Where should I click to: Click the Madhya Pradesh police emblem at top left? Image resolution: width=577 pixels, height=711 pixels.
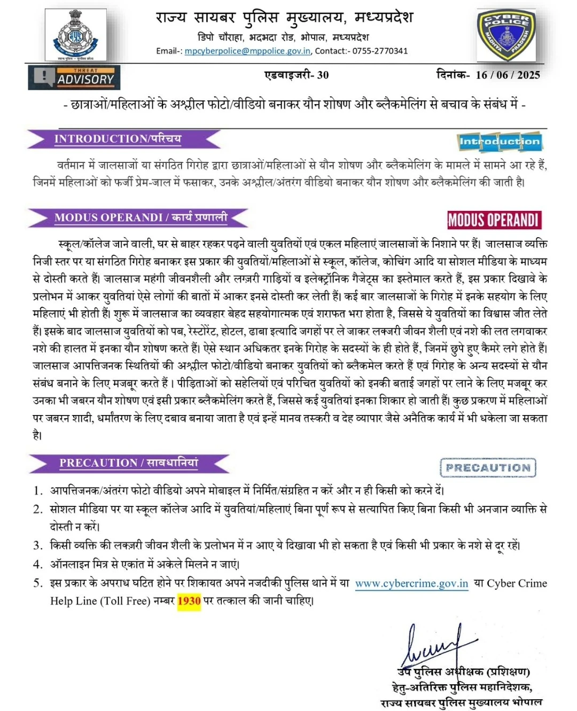[x=75, y=35]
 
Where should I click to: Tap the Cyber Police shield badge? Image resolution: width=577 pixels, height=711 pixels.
[x=506, y=35]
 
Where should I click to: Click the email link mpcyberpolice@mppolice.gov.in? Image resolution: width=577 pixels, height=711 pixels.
[x=247, y=51]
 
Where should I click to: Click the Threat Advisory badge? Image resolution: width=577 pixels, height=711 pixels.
[x=74, y=77]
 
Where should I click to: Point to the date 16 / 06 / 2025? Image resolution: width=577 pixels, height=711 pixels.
[x=508, y=75]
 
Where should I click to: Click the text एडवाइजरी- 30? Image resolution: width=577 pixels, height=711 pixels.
[x=297, y=75]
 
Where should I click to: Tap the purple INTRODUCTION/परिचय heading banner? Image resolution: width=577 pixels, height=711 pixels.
[x=123, y=139]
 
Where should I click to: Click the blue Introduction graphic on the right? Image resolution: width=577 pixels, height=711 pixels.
[x=500, y=142]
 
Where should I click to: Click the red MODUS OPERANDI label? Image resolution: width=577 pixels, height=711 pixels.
[x=493, y=220]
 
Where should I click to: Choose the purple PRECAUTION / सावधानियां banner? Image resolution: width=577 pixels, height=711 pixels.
[x=129, y=463]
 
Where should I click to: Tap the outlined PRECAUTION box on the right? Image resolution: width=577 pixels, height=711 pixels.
[x=488, y=467]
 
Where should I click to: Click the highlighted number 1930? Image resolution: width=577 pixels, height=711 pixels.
[x=189, y=601]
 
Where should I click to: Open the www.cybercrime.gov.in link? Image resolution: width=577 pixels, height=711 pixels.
[x=411, y=583]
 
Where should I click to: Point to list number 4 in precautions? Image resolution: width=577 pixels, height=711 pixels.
[x=37, y=564]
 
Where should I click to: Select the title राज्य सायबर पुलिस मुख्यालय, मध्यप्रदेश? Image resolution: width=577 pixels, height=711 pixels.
[x=284, y=18]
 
